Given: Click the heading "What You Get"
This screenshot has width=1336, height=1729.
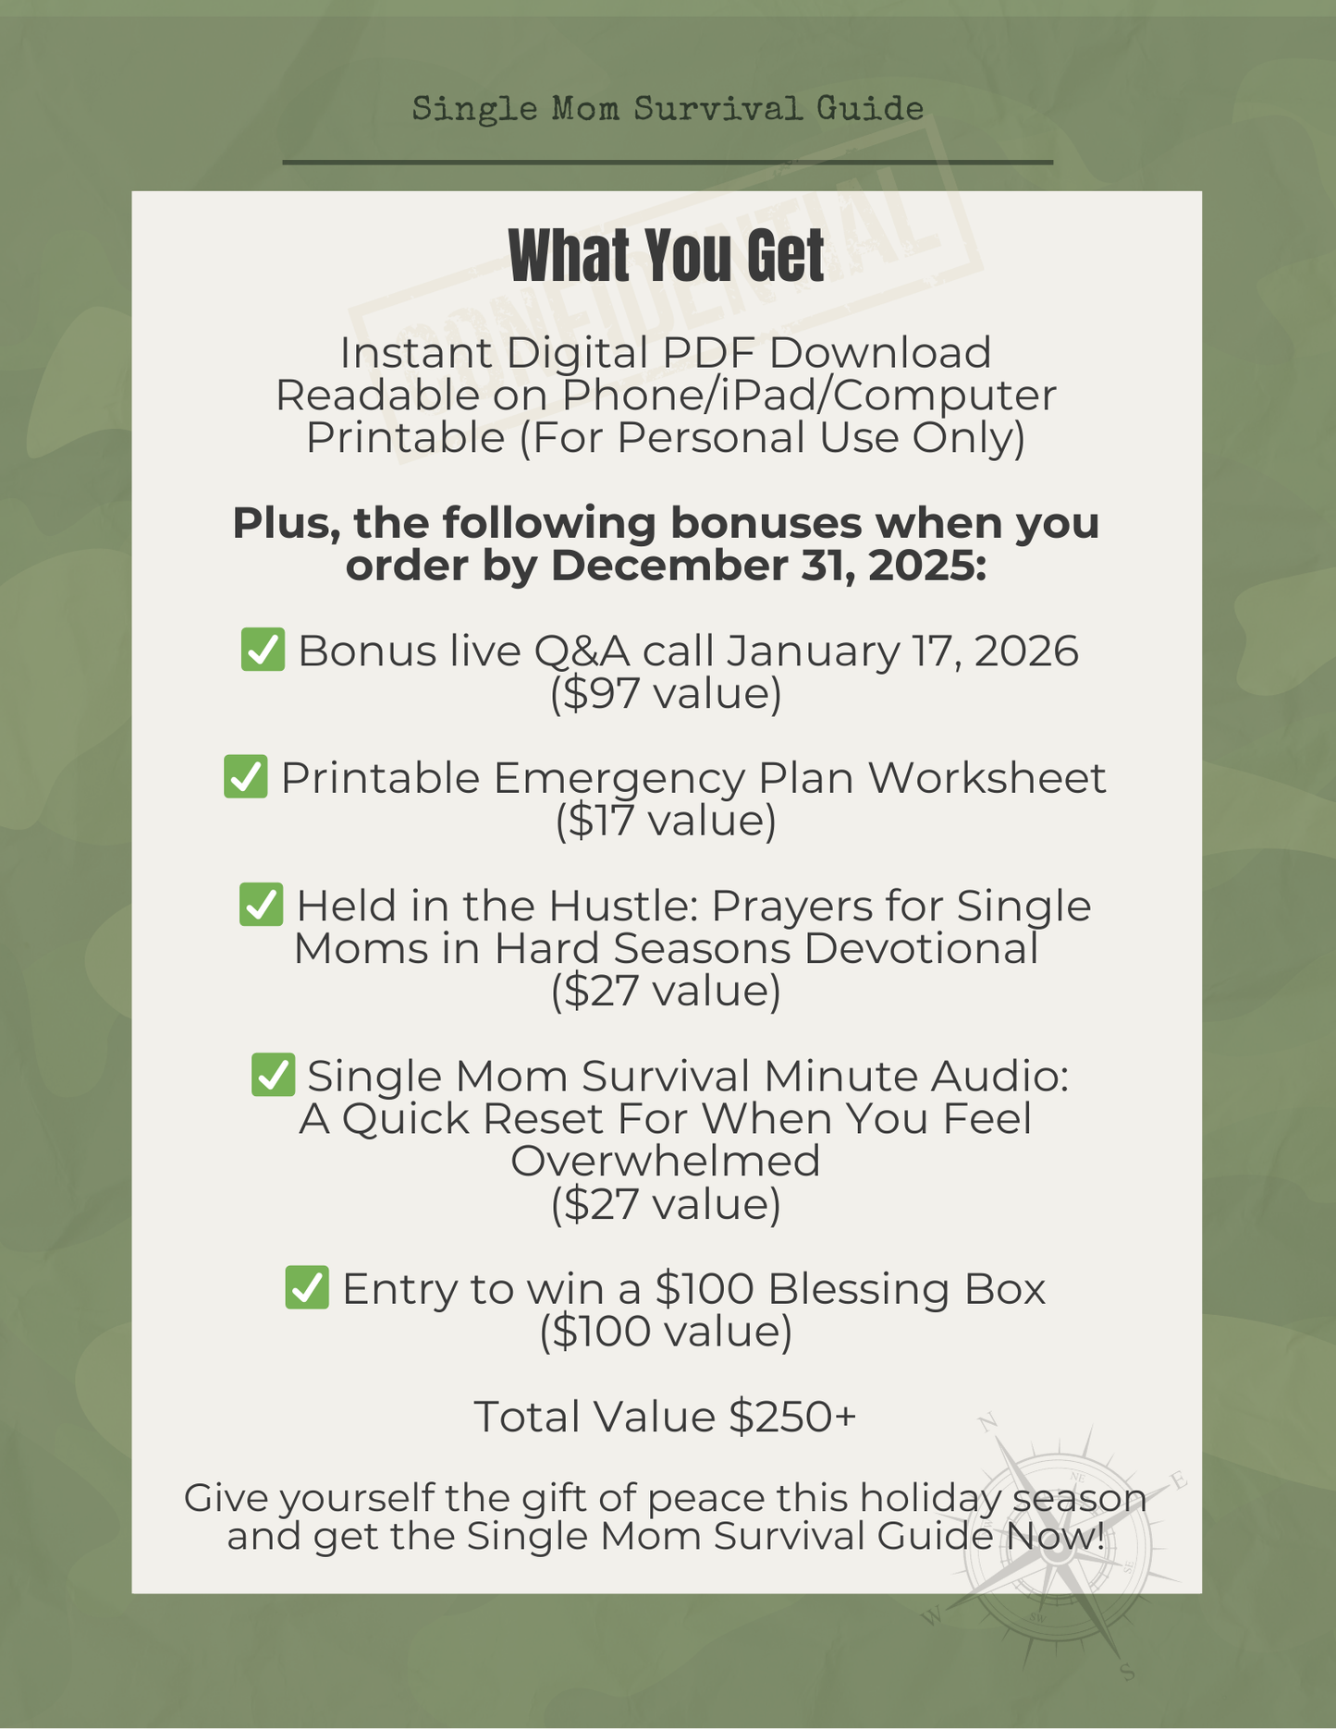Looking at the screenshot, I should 667,256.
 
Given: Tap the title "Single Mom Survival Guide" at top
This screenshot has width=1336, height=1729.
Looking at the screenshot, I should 668,109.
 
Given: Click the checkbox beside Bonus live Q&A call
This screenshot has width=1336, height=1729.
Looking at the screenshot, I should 263,650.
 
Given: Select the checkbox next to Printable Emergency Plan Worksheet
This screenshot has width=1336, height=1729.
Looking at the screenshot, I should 246,776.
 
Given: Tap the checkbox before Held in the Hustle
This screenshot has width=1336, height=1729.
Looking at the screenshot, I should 262,904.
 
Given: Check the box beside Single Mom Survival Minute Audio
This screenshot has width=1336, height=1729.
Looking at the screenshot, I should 273,1075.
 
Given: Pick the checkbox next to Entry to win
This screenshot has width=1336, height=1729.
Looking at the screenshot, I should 307,1287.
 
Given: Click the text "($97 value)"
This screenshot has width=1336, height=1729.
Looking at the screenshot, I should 666,693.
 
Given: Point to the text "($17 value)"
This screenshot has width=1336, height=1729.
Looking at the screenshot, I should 666,821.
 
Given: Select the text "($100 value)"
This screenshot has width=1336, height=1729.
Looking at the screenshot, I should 666,1331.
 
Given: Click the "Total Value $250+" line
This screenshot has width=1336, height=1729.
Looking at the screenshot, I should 666,1416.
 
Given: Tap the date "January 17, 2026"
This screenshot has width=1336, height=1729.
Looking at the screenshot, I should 901,651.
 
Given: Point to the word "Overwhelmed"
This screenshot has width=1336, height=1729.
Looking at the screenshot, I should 666,1161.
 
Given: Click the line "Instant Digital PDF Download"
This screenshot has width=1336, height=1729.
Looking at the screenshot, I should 666,352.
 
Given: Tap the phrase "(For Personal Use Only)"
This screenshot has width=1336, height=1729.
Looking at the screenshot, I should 772,437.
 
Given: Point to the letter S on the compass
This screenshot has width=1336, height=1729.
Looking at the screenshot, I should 1127,1671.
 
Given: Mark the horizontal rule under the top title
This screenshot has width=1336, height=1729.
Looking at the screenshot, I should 668,163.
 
